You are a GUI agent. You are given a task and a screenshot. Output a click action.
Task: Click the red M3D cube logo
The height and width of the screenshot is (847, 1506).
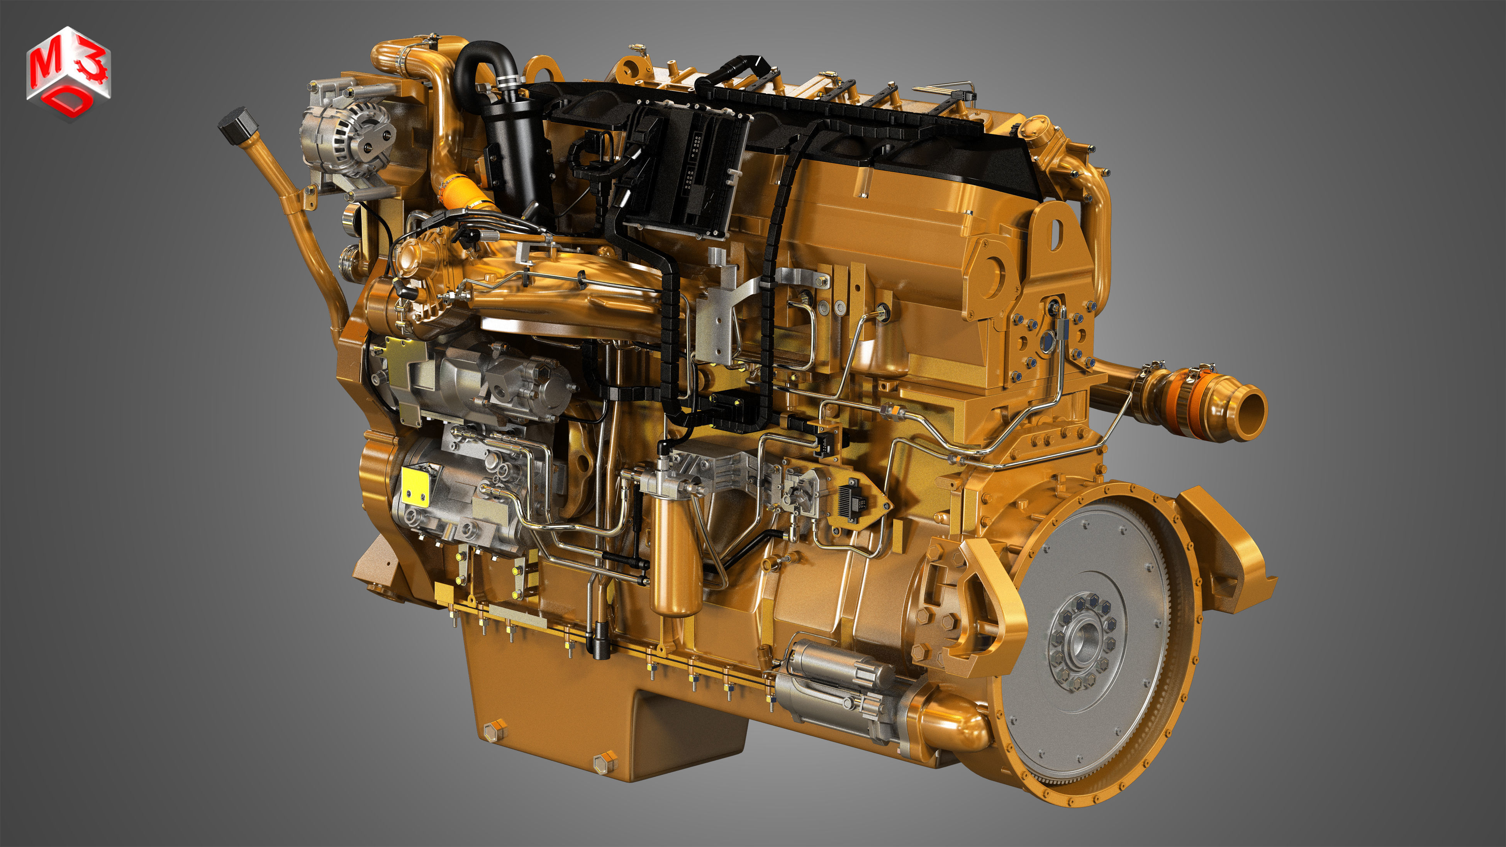(68, 73)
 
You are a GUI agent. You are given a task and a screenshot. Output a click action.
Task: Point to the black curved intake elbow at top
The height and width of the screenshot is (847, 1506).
(482, 64)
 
